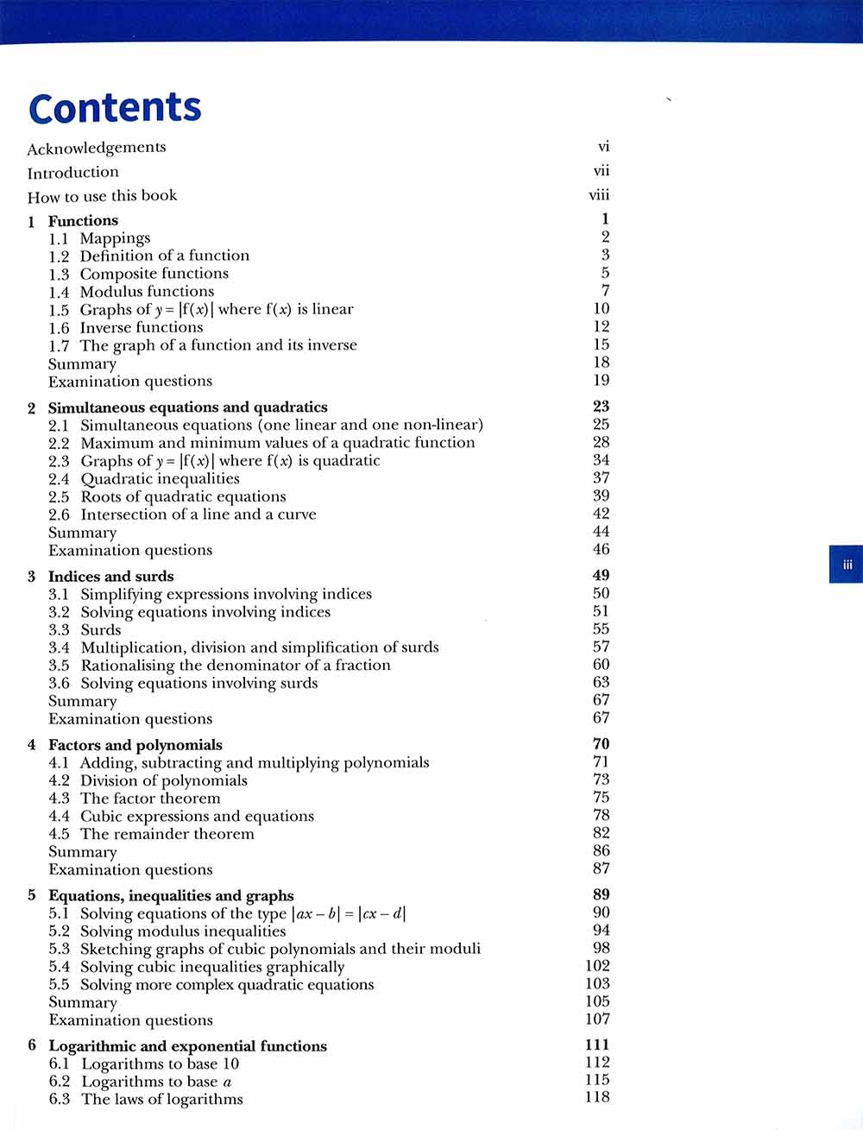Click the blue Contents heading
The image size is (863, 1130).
pyautogui.click(x=115, y=108)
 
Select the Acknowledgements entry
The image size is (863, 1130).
pyautogui.click(x=96, y=148)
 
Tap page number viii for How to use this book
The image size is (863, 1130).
pyautogui.click(x=599, y=195)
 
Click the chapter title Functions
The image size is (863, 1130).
pyautogui.click(x=83, y=220)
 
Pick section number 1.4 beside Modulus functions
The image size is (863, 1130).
pyautogui.click(x=59, y=292)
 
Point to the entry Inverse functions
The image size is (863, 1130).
pyautogui.click(x=142, y=327)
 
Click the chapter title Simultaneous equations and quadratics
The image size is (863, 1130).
pyautogui.click(x=187, y=407)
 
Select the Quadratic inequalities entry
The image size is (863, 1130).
pyautogui.click(x=160, y=478)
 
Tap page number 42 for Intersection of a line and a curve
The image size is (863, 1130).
pyautogui.click(x=601, y=514)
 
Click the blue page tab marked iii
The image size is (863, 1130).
pyautogui.click(x=847, y=565)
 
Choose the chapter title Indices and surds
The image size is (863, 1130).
pyautogui.click(x=110, y=576)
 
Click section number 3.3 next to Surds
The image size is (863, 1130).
pyautogui.click(x=59, y=629)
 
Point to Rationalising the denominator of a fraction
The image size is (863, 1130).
pyautogui.click(x=235, y=665)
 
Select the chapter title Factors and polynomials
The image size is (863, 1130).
pyautogui.click(x=135, y=744)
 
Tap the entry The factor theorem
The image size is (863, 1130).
pyautogui.click(x=150, y=798)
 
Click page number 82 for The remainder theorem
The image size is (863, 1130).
pyautogui.click(x=601, y=833)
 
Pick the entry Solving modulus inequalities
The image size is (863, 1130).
pyautogui.click(x=182, y=931)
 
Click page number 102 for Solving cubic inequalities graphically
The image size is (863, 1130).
pyautogui.click(x=597, y=966)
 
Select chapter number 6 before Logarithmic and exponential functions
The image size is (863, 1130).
pyautogui.click(x=32, y=1045)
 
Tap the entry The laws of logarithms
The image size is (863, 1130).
pyautogui.click(x=161, y=1099)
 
